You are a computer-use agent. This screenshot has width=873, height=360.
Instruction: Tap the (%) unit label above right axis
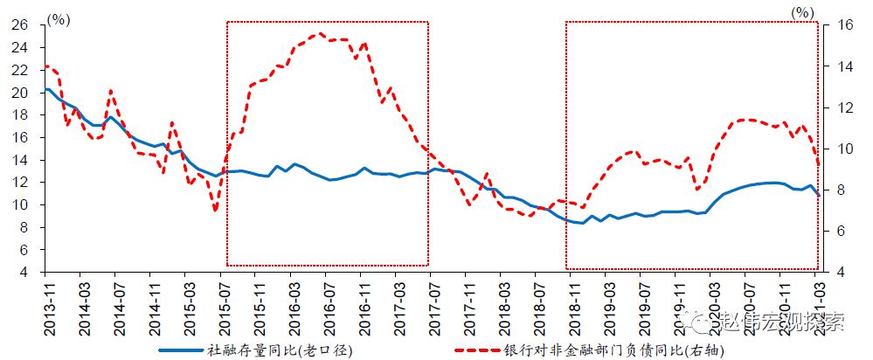(x=801, y=11)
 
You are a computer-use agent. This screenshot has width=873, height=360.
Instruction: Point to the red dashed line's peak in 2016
(x=321, y=34)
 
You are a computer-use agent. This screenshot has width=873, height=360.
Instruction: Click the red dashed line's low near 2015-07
(x=215, y=211)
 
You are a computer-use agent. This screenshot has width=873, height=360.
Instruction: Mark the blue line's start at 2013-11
(x=46, y=89)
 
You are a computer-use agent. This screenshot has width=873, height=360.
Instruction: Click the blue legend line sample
(x=177, y=349)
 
